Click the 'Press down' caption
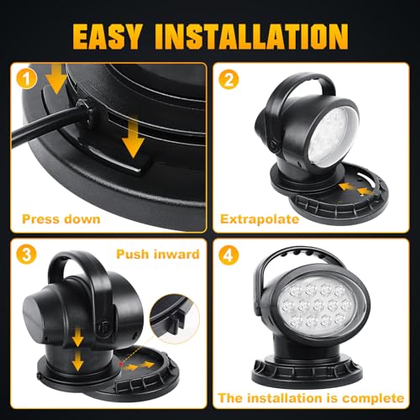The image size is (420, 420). click(x=64, y=220)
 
